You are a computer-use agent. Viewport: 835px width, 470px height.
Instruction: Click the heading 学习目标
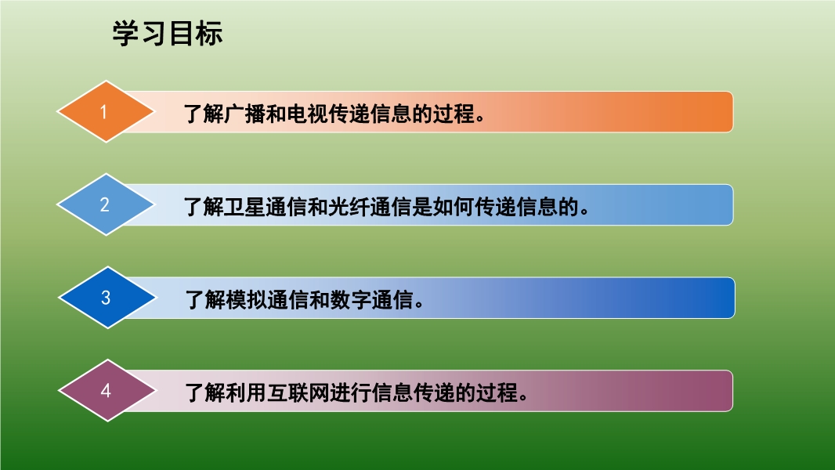click(x=167, y=34)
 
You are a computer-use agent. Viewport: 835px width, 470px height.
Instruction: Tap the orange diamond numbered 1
click(x=106, y=112)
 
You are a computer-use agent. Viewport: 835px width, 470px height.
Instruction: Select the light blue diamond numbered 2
click(x=106, y=204)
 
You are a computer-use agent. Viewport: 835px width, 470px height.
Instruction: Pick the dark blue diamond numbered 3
click(x=107, y=298)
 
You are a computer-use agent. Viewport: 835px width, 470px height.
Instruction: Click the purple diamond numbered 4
click(x=107, y=391)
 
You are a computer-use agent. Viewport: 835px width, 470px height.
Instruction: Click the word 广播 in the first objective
click(x=245, y=114)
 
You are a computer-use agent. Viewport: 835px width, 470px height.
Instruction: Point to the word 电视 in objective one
click(x=308, y=114)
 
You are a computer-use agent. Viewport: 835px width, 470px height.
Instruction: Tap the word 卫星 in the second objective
click(x=245, y=207)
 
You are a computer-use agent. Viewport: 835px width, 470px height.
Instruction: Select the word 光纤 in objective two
click(x=349, y=207)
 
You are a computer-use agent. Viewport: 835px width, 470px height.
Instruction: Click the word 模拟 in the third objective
click(x=247, y=300)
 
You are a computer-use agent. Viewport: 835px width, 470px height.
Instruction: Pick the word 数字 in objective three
click(x=351, y=300)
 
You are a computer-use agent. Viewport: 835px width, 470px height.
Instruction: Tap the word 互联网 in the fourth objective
click(x=298, y=392)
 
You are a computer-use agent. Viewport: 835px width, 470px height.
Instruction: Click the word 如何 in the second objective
click(x=454, y=207)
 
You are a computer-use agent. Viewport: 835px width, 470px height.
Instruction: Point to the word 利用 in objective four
click(x=247, y=392)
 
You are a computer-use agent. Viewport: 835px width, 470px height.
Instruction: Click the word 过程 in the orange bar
click(x=454, y=114)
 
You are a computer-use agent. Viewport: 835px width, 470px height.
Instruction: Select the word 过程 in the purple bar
click(x=497, y=392)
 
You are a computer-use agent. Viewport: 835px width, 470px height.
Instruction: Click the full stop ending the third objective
click(x=419, y=305)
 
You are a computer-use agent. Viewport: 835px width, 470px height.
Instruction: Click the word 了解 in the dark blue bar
click(x=205, y=300)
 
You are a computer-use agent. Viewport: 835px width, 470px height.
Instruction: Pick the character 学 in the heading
click(x=125, y=34)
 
